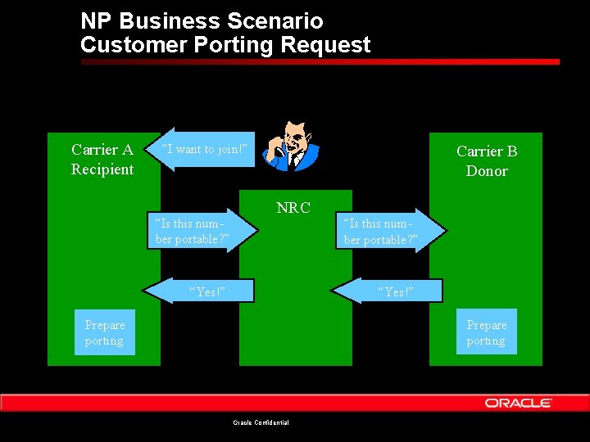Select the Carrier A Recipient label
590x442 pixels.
(102, 160)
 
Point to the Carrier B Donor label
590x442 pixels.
(487, 160)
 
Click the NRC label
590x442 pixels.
(293, 208)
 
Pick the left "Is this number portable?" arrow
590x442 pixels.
(197, 231)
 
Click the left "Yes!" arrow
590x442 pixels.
(202, 291)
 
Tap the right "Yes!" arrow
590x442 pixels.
(390, 291)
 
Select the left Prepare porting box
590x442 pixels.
(104, 332)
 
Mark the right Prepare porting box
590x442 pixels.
(487, 332)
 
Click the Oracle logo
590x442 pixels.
(518, 403)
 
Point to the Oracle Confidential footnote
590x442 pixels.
(261, 422)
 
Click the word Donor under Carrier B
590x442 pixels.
(487, 171)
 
